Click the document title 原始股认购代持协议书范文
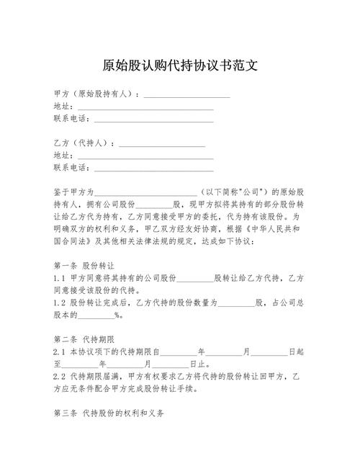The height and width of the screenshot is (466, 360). (x=180, y=66)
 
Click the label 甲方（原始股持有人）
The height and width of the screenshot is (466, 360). (x=95, y=94)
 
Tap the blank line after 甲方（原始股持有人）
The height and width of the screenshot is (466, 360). (x=187, y=95)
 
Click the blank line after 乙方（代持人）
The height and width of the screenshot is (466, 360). (x=162, y=144)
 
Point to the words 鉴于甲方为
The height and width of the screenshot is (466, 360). (x=73, y=192)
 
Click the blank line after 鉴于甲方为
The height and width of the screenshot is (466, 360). (x=146, y=193)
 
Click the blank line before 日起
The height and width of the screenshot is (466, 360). (x=269, y=351)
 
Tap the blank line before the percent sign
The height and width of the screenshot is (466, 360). (x=96, y=315)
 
